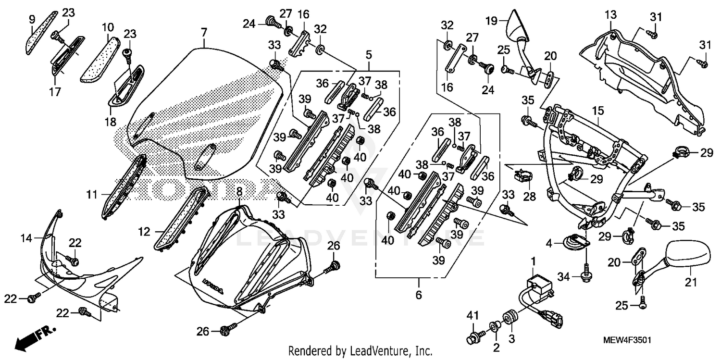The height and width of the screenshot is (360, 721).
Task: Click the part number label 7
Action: click(x=204, y=33)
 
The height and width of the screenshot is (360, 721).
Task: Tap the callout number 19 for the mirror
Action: click(x=490, y=22)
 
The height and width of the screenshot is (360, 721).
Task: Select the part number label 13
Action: click(x=610, y=15)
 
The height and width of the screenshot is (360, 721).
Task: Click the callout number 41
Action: click(x=473, y=315)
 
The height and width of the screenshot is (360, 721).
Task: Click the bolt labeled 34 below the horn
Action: click(x=586, y=275)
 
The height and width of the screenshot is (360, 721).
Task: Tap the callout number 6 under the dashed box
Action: click(x=419, y=295)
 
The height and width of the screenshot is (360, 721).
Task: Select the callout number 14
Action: click(x=27, y=238)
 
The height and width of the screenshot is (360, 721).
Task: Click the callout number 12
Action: click(x=144, y=232)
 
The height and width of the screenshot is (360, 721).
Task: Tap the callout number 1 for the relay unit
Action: click(x=533, y=261)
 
